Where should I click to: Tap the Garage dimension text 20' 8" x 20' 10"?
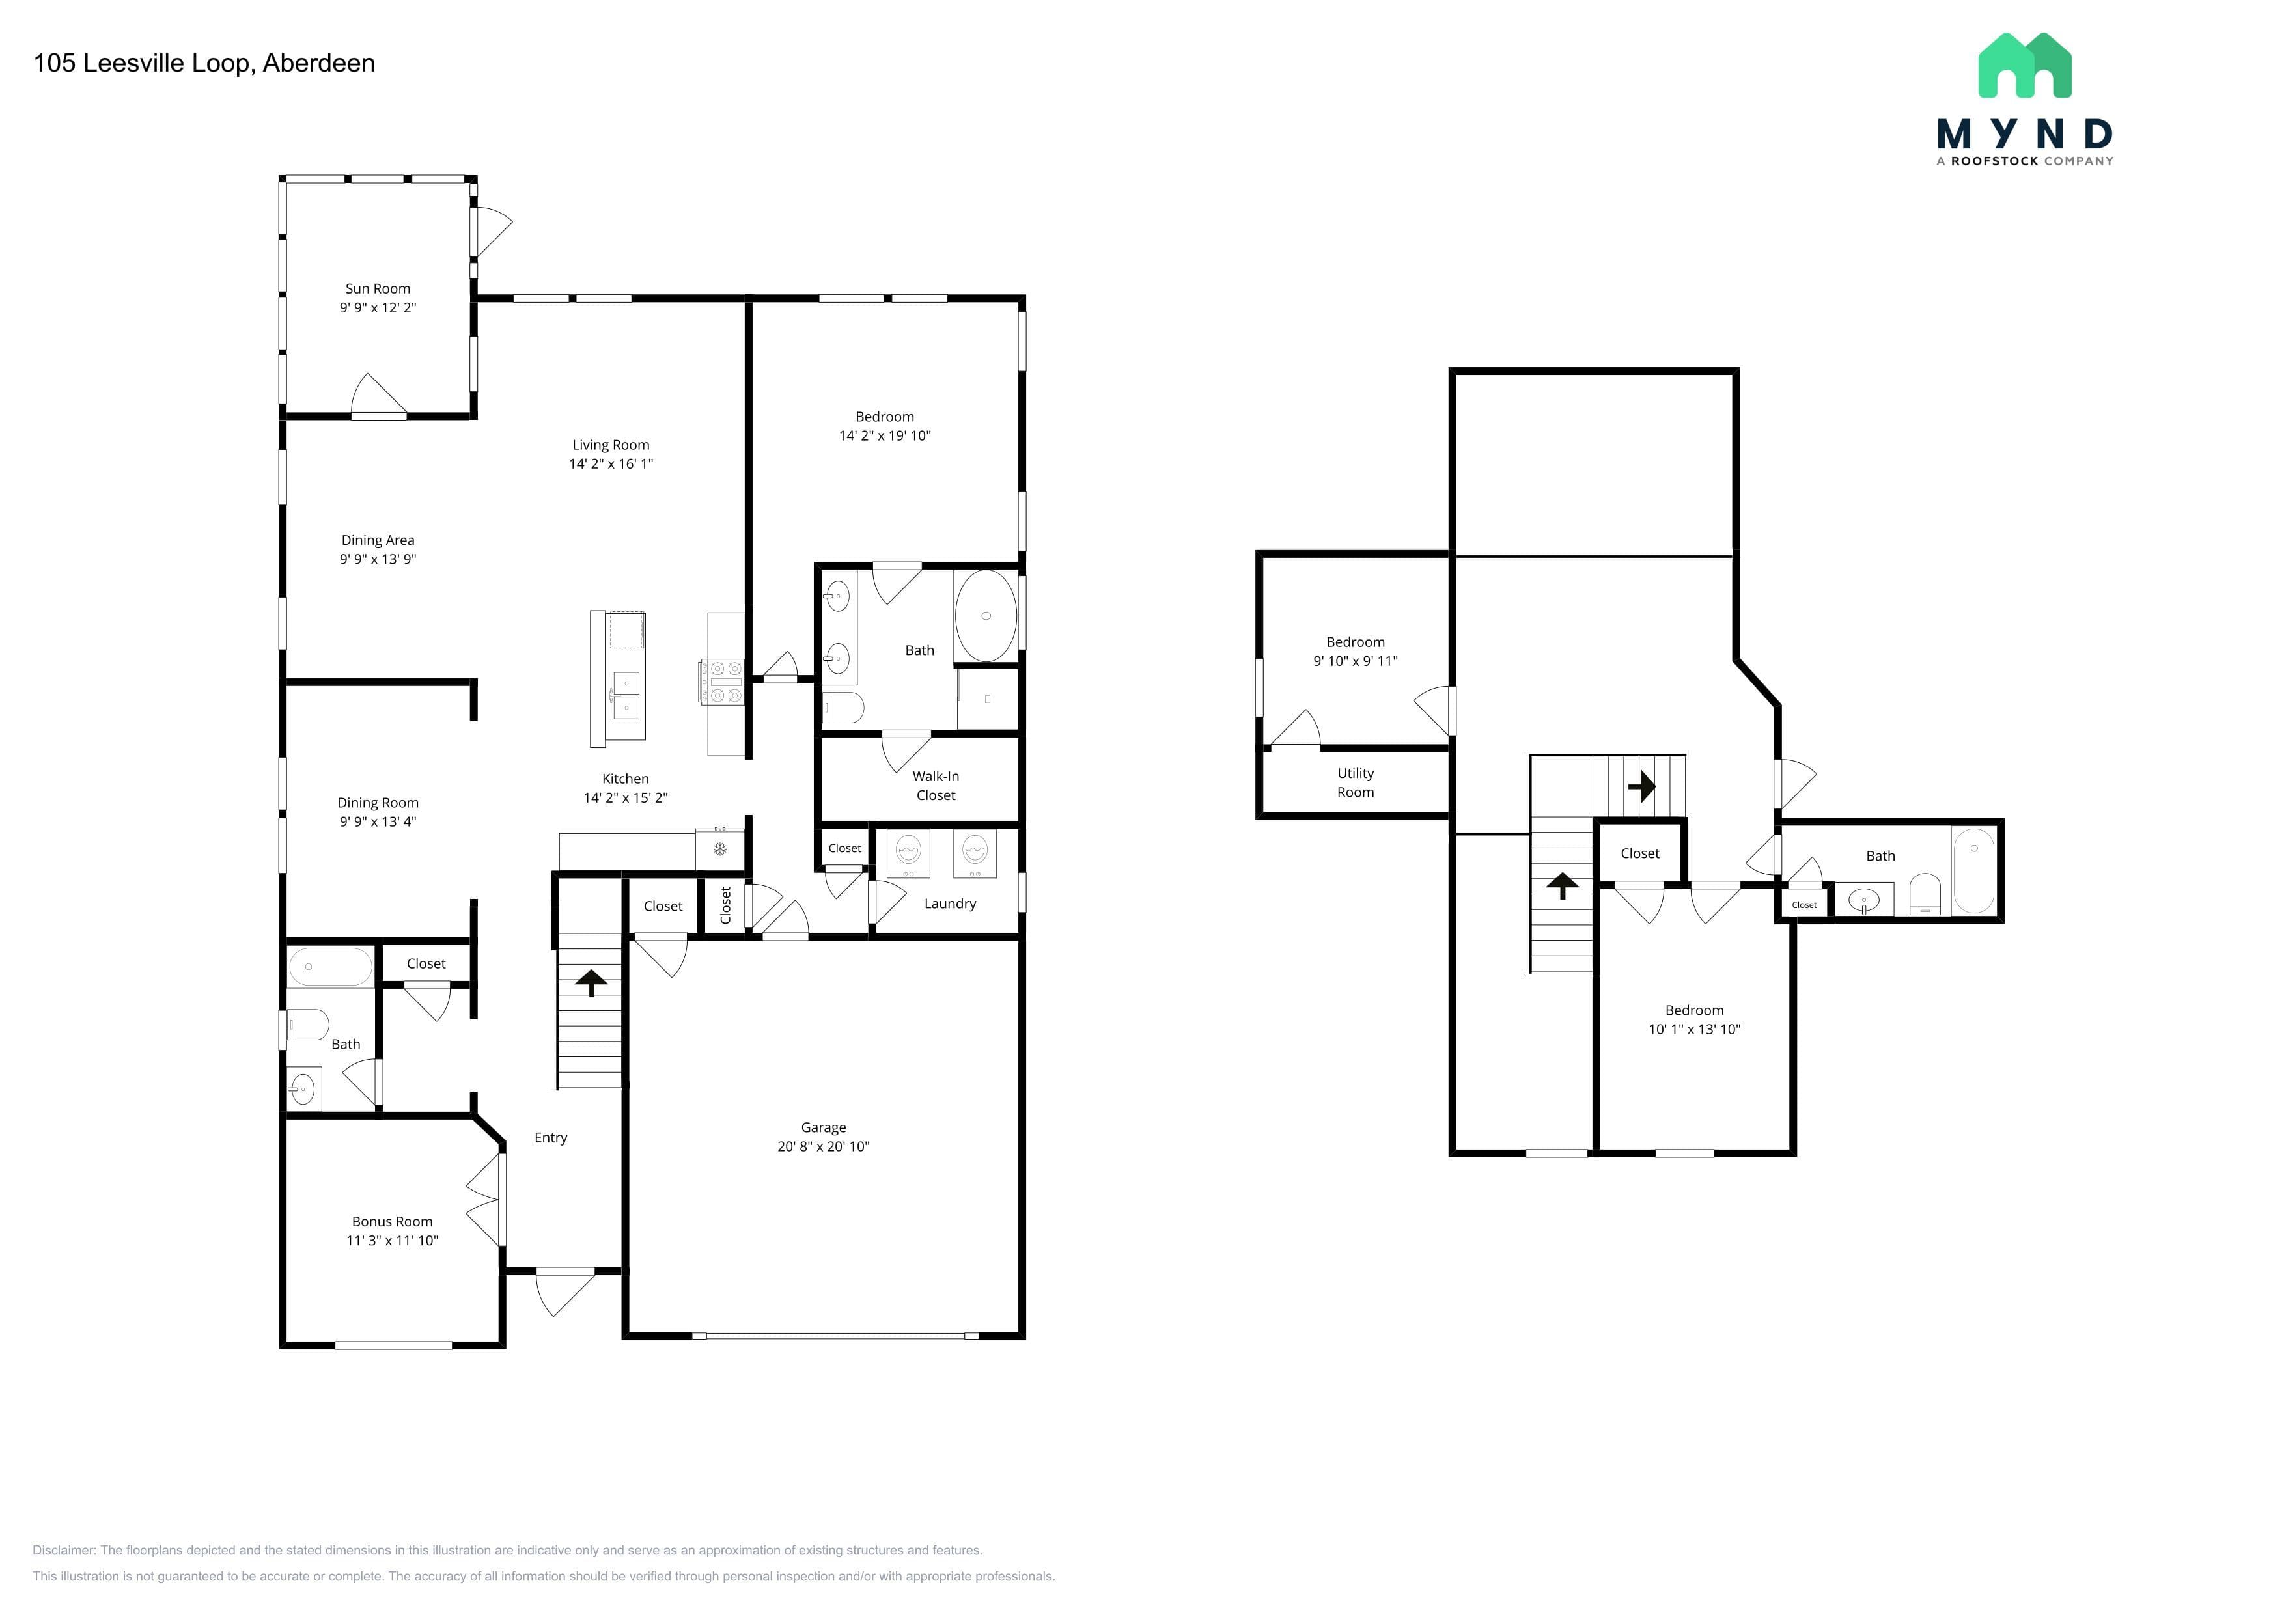point(824,1146)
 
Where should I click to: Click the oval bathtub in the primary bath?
point(986,616)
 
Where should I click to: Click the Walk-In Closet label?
point(936,786)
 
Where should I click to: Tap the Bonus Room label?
point(392,1221)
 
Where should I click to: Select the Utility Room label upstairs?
point(1356,782)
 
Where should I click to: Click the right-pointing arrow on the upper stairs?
point(1641,786)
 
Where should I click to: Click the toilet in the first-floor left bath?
point(307,1025)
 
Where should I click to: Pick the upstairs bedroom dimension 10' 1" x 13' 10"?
point(1694,1029)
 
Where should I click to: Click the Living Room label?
point(611,445)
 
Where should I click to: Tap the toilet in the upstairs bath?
point(1925,895)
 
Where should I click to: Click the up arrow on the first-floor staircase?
point(591,982)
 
